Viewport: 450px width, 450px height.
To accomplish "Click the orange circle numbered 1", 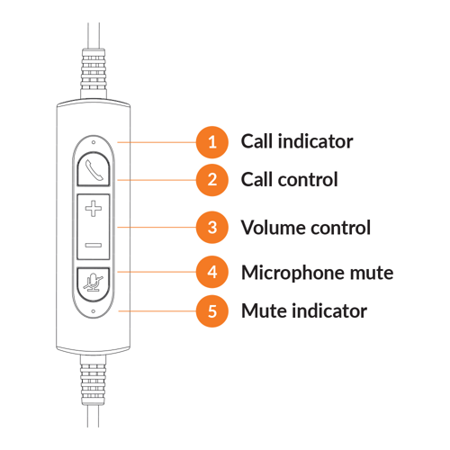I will [212, 141].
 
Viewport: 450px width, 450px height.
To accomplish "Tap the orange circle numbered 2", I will [212, 179].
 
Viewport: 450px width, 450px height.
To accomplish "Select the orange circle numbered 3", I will [212, 227].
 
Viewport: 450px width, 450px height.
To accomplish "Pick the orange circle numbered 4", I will [212, 271].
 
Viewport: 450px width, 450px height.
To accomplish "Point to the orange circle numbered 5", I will [212, 311].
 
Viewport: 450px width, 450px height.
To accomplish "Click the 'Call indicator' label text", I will [296, 141].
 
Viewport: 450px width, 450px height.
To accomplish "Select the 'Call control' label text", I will [289, 179].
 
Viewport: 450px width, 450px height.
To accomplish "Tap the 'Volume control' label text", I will [305, 227].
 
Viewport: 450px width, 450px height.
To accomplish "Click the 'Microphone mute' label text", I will [317, 272].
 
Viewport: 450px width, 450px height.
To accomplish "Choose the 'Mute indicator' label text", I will [303, 311].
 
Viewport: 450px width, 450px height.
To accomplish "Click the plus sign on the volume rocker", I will [93, 210].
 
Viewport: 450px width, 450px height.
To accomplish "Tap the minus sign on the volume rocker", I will [93, 245].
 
